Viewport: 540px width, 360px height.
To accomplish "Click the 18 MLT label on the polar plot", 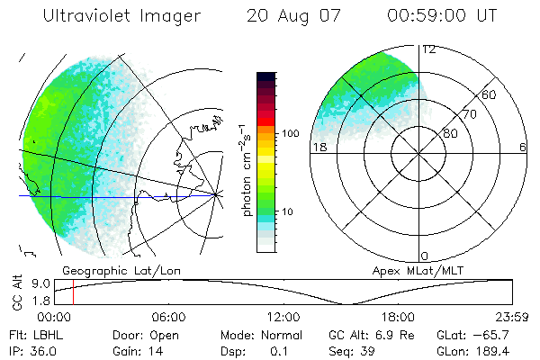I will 319,147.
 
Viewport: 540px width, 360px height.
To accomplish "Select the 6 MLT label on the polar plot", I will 522,147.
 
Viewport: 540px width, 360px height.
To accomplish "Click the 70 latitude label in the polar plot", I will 468,115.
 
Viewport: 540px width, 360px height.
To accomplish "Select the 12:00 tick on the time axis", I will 283,317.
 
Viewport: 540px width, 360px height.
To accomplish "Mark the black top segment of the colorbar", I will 265,77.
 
